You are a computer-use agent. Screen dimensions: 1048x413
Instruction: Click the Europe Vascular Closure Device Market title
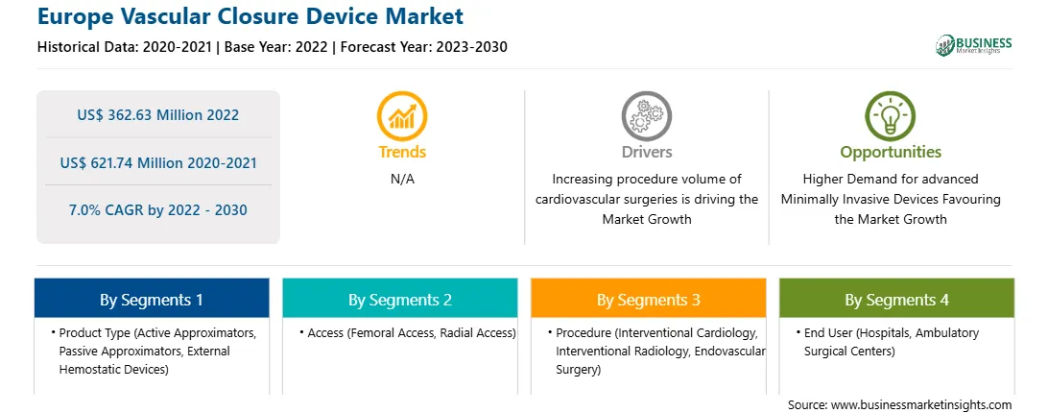(250, 16)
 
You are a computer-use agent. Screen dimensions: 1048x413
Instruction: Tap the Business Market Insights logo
(973, 45)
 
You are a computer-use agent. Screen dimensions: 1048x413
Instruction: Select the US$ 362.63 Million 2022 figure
(157, 114)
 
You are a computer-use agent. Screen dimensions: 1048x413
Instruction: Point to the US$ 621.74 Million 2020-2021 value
(157, 162)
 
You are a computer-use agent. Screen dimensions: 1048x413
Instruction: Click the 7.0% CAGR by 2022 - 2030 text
(157, 210)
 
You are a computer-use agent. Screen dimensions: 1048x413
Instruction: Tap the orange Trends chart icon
(402, 115)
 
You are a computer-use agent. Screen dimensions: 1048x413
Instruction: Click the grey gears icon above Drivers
(646, 115)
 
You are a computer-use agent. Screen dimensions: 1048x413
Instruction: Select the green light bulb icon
(891, 115)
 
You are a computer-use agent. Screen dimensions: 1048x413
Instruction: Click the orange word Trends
(402, 152)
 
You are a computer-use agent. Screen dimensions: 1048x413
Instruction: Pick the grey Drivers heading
(646, 152)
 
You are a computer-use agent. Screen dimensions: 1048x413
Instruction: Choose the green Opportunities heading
(891, 152)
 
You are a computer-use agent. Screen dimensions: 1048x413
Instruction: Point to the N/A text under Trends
(402, 180)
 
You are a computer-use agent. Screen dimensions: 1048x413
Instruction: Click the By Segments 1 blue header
(152, 299)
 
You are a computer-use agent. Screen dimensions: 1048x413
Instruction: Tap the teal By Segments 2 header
(399, 299)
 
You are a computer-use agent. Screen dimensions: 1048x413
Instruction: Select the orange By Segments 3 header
(649, 299)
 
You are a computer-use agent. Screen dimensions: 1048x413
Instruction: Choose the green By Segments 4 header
(896, 299)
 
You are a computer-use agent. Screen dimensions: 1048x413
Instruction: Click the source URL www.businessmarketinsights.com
(921, 405)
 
